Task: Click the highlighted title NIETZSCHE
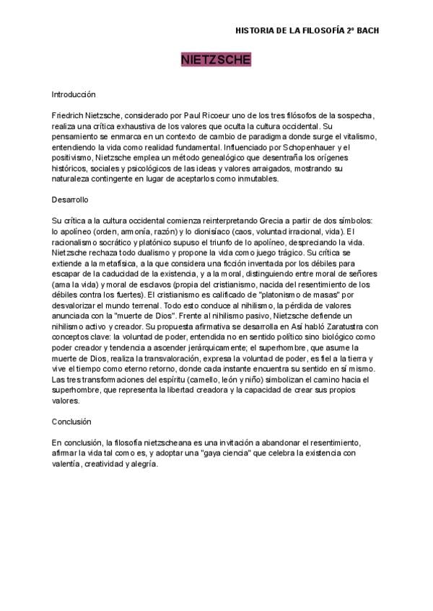pyautogui.click(x=216, y=59)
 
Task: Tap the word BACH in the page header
pyautogui.click(x=367, y=31)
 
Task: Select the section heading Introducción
pyautogui.click(x=74, y=94)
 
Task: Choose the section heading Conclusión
pyautogui.click(x=72, y=421)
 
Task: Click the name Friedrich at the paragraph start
pyautogui.click(x=67, y=115)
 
